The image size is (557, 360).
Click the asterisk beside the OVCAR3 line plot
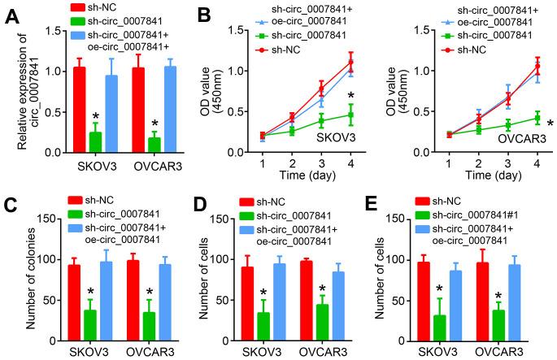coord(550,124)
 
